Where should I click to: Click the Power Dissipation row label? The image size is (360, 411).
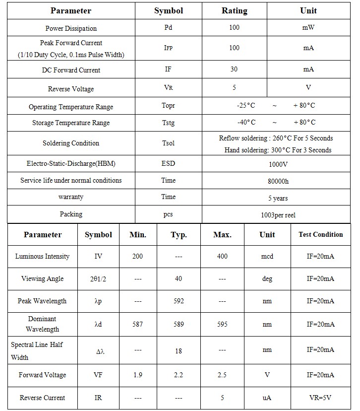(x=71, y=28)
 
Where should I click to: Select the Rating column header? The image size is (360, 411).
(x=234, y=10)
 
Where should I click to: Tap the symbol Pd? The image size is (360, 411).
(x=168, y=27)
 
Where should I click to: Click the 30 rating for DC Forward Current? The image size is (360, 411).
(x=234, y=69)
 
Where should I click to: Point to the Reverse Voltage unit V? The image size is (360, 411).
(x=308, y=87)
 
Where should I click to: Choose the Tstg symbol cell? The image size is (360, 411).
(x=168, y=123)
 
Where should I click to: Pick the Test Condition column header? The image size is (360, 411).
(x=320, y=234)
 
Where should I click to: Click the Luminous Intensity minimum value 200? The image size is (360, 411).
(x=138, y=256)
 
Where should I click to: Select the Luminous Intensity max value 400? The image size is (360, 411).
(x=222, y=256)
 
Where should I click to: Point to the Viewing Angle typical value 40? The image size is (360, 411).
(x=179, y=278)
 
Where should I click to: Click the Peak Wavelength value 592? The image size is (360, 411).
(x=179, y=301)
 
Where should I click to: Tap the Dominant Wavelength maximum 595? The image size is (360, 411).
(x=222, y=324)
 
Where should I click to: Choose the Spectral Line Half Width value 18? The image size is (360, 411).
(x=179, y=350)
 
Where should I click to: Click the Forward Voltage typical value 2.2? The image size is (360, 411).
(x=179, y=375)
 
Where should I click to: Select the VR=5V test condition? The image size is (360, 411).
(x=320, y=398)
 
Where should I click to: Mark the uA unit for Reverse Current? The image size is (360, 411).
(x=267, y=398)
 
